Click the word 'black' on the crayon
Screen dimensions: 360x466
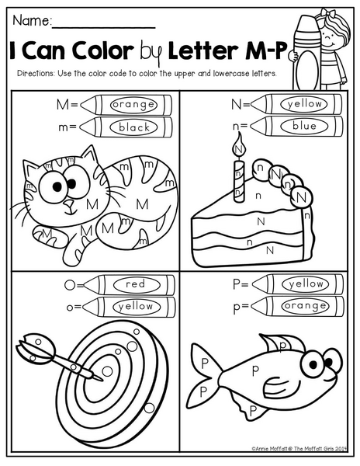click(134, 127)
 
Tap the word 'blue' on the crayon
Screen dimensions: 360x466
click(304, 126)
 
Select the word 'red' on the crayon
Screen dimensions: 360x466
click(136, 283)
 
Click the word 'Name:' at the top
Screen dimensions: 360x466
click(32, 21)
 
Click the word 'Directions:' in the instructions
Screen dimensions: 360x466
click(36, 74)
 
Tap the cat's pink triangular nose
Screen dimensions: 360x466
click(70, 203)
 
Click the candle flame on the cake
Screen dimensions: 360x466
click(239, 145)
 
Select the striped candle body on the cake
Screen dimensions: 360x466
click(238, 181)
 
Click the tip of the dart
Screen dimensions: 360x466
click(102, 380)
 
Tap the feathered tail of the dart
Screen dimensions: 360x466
click(35, 348)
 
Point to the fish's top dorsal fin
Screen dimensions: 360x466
click(282, 343)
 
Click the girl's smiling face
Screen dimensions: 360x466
click(330, 38)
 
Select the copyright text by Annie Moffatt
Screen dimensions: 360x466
click(299, 449)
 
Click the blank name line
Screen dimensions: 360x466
click(104, 28)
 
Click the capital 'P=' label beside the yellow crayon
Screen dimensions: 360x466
click(240, 284)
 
